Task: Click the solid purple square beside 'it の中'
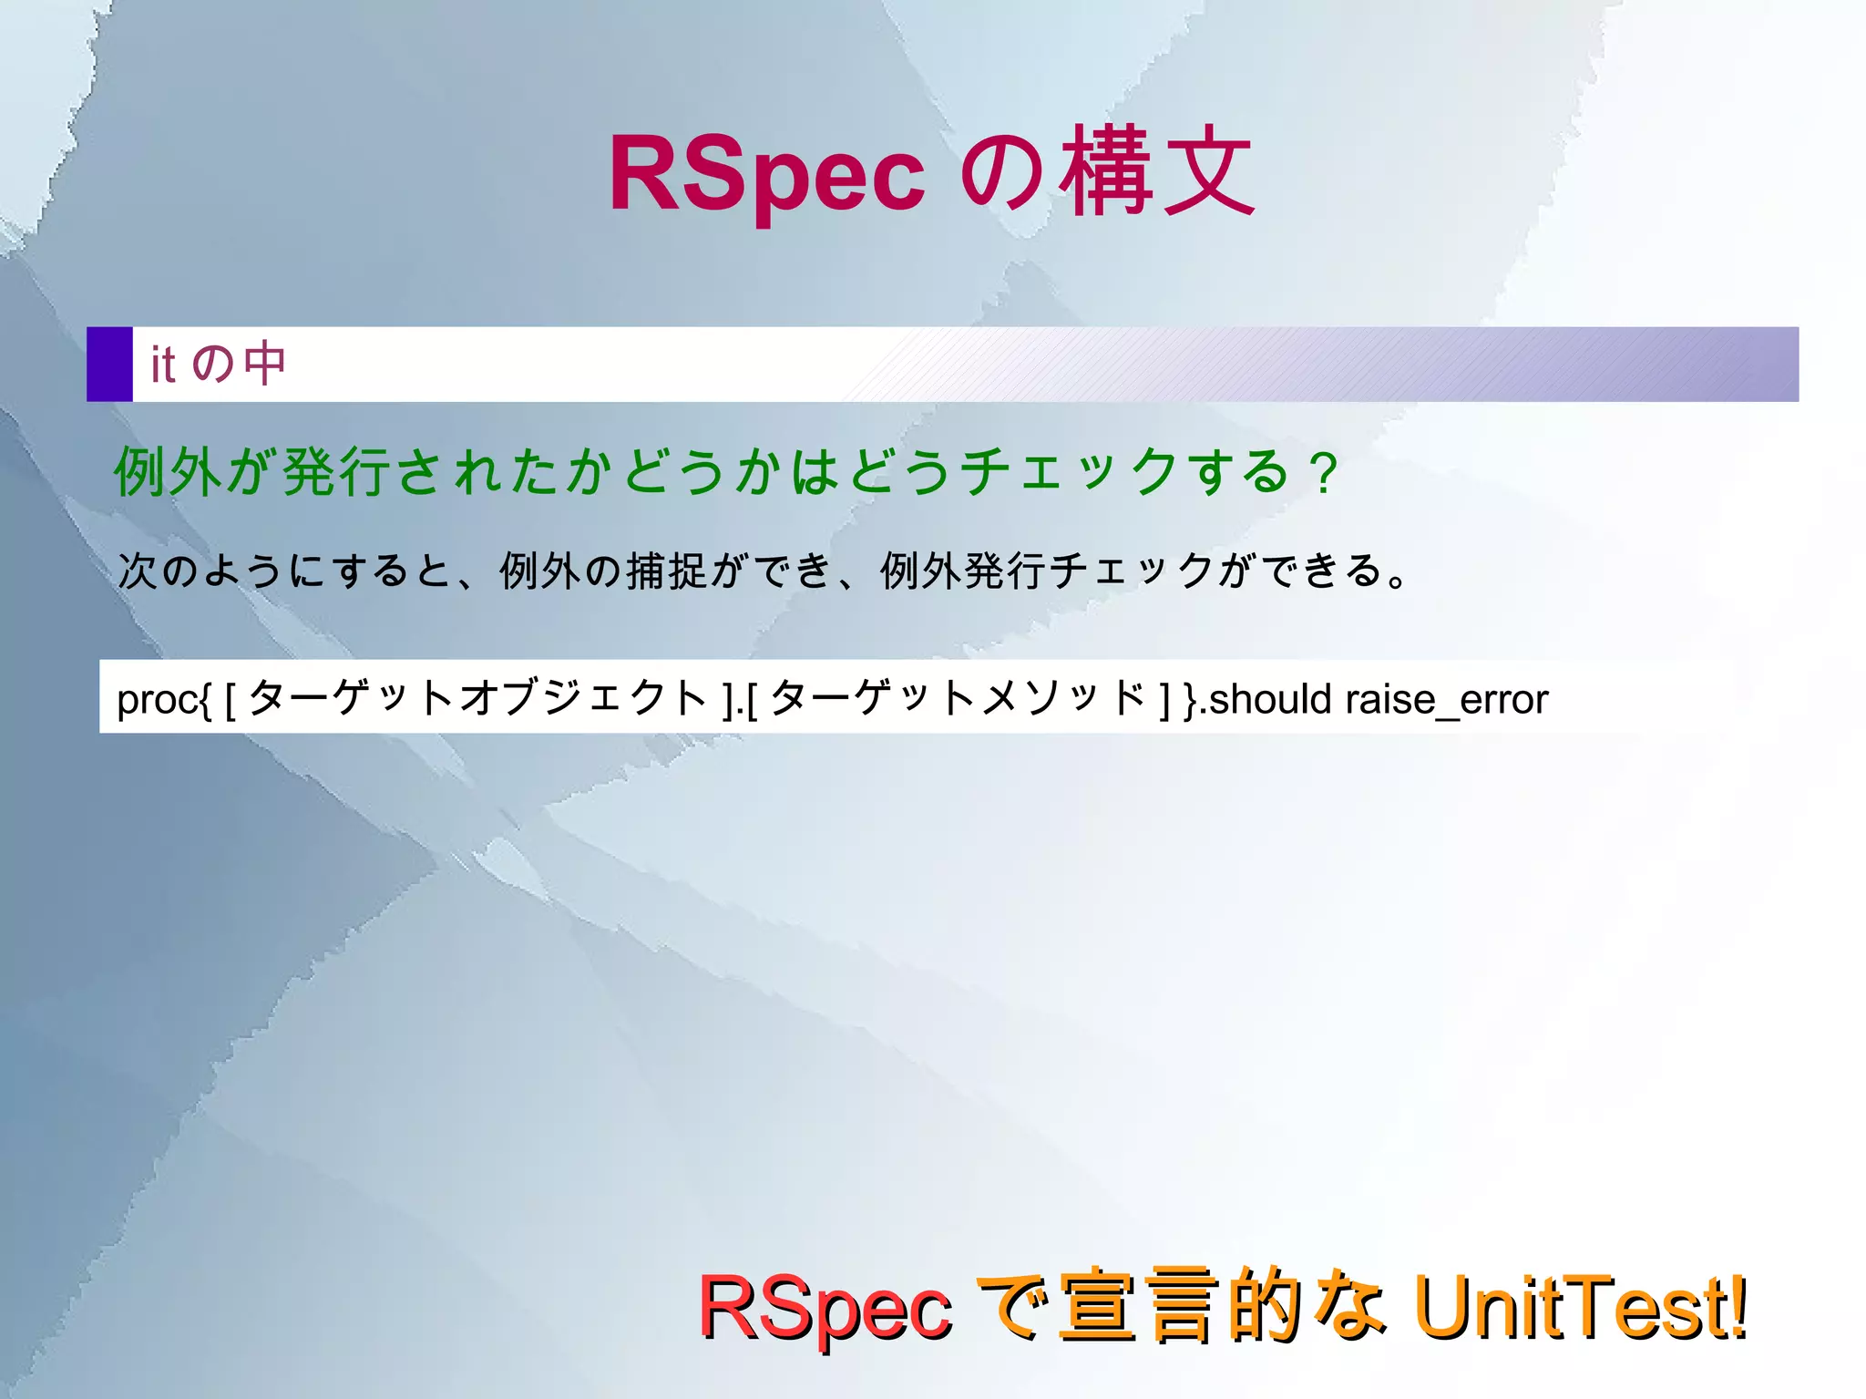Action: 109,364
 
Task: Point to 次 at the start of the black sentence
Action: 138,571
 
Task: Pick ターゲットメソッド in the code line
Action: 958,698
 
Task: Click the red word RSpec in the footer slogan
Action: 825,1309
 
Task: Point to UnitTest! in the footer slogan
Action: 1581,1307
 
